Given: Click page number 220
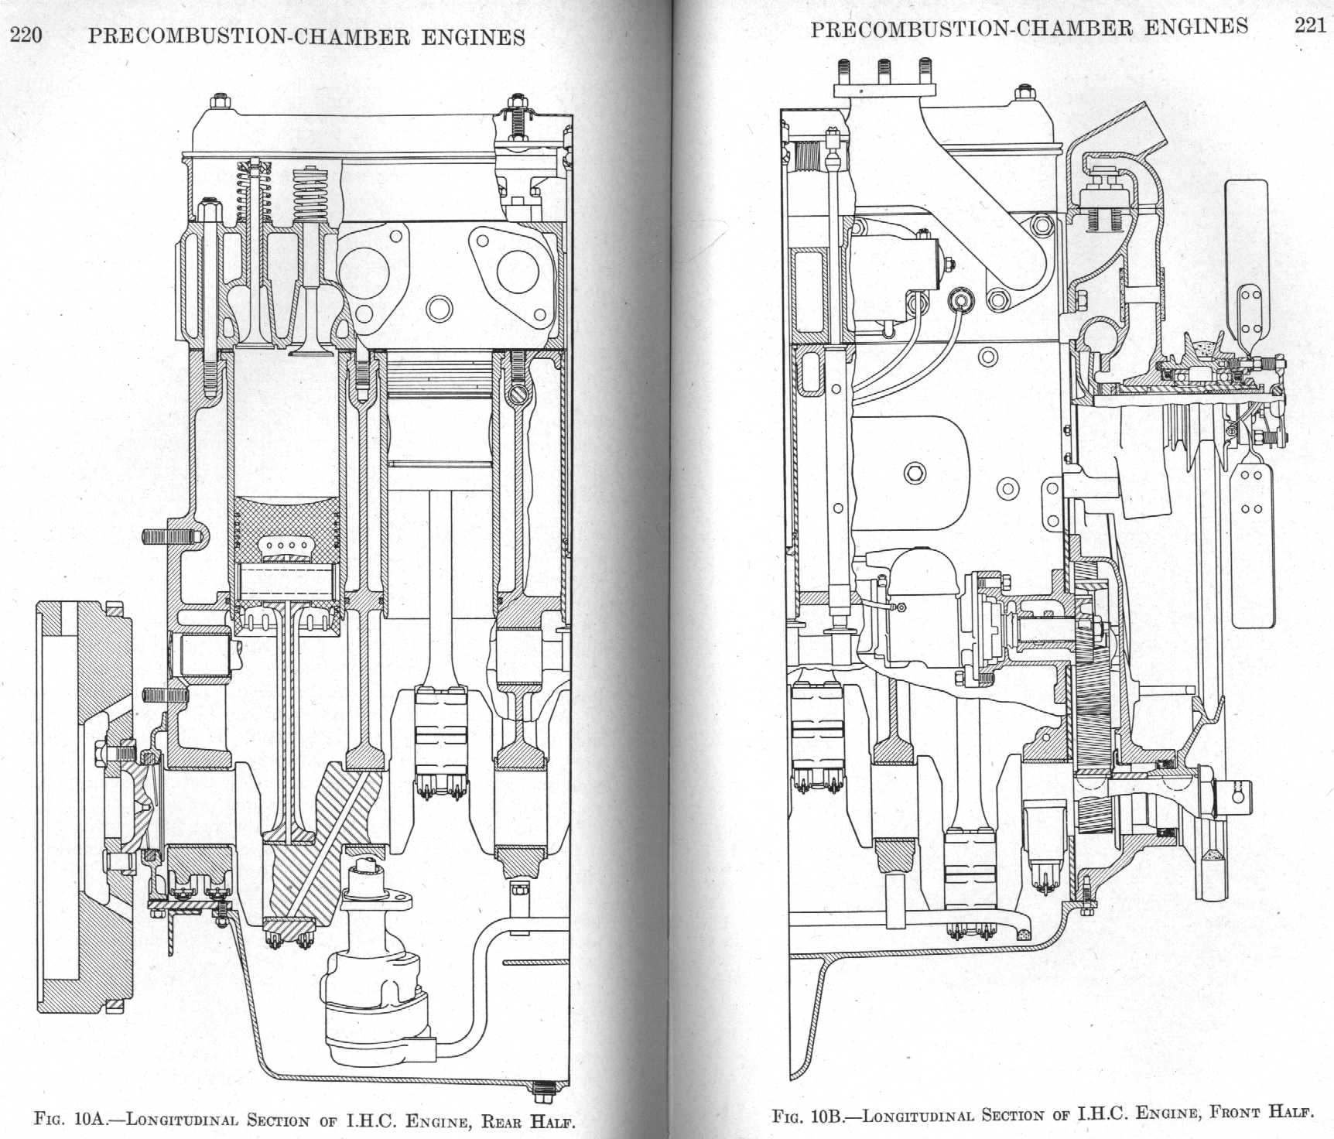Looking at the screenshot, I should point(26,36).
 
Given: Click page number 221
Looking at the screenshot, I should point(1310,26).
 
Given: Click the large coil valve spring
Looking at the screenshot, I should point(310,193).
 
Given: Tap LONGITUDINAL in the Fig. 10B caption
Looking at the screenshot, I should point(918,1115).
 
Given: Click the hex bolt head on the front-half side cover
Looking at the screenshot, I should point(914,472).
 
